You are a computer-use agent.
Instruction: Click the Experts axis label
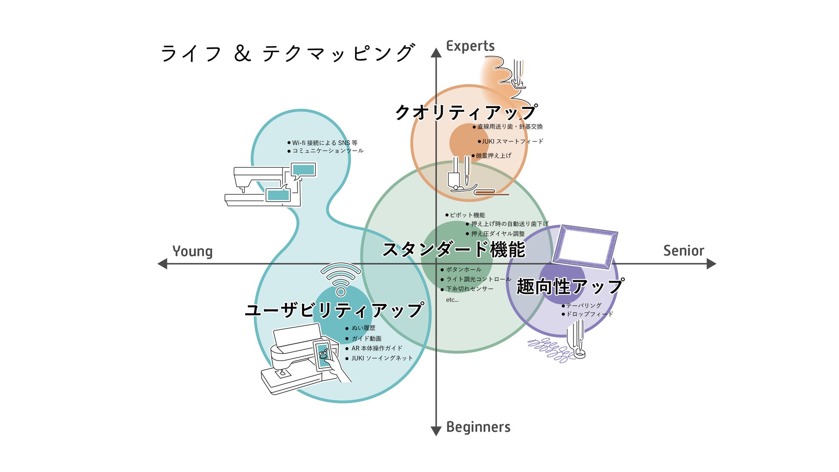point(470,46)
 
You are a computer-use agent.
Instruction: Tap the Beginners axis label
point(478,427)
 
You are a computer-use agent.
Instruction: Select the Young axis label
point(192,251)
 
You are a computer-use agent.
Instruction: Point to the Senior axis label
point(683,250)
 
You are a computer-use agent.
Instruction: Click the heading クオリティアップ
point(466,112)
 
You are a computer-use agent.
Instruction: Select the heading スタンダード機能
point(453,250)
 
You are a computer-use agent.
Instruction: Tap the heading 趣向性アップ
point(570,287)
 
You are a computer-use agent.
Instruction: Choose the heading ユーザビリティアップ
point(334,310)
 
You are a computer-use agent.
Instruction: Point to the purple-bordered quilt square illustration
point(585,246)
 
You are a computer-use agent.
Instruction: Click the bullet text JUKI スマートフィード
point(512,141)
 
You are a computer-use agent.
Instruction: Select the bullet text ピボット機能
point(467,215)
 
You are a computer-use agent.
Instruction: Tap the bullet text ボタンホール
point(463,269)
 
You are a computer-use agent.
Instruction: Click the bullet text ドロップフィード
point(589,314)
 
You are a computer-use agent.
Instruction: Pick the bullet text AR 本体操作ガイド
point(376,348)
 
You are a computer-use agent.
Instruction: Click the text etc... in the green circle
point(452,300)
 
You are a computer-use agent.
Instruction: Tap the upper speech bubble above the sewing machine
point(303,170)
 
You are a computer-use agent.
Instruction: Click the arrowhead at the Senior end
point(711,264)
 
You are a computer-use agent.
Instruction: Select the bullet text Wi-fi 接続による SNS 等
point(324,143)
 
